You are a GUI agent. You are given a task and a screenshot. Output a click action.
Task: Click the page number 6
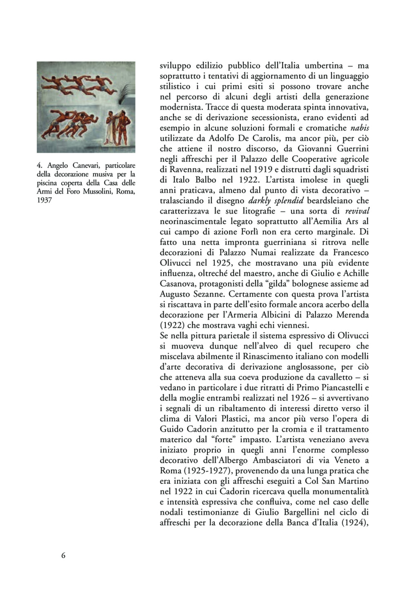tap(63, 555)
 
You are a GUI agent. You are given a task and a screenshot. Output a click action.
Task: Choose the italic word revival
tap(357, 211)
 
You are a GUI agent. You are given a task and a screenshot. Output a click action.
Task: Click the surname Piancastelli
tap(335, 387)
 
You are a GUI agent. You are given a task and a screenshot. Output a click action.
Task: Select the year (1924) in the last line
tap(351, 523)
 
